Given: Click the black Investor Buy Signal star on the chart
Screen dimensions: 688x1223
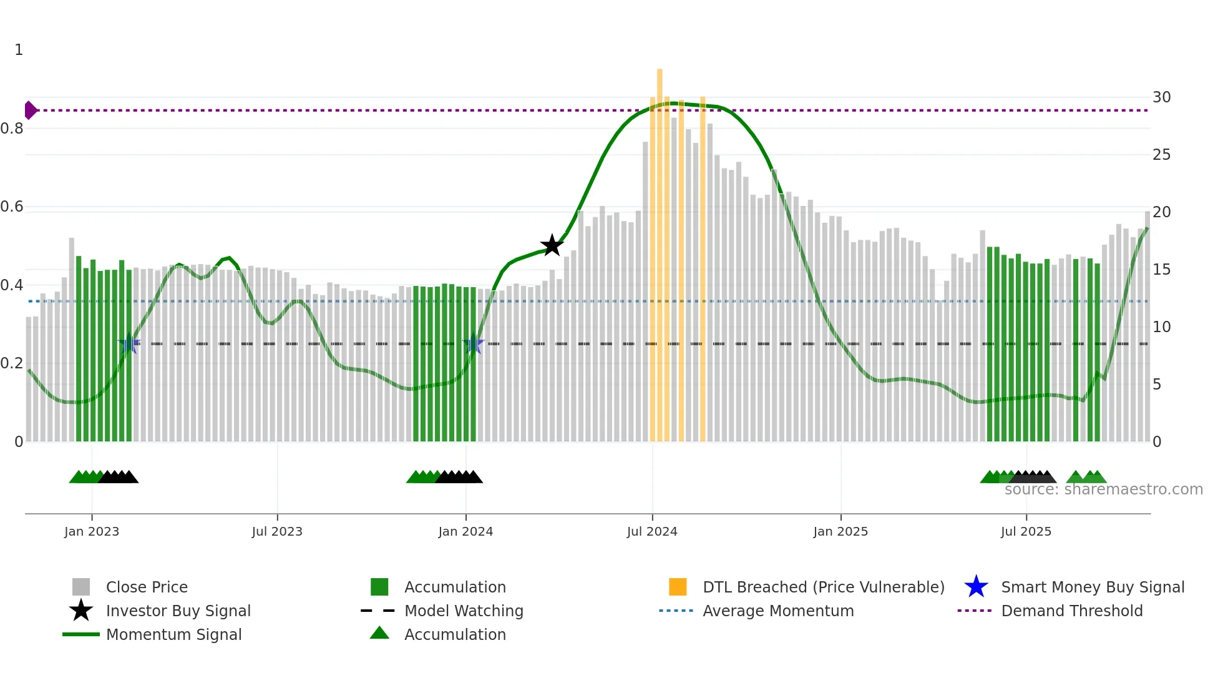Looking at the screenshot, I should (x=552, y=245).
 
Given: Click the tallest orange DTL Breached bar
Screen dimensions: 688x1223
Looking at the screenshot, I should (x=660, y=250).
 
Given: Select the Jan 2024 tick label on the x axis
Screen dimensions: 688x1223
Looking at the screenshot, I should (x=465, y=531).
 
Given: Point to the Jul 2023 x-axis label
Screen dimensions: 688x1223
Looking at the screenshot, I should (x=277, y=531).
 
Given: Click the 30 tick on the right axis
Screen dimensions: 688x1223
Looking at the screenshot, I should (x=1161, y=97).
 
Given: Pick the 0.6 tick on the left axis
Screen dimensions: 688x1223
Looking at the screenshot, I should (x=12, y=207).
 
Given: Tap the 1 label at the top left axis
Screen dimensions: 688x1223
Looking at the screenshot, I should (x=19, y=50).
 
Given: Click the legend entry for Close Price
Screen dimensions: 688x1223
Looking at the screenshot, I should (x=147, y=587).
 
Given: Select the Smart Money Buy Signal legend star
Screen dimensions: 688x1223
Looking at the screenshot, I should (x=976, y=587).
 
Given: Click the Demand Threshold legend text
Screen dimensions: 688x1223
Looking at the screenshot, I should (x=1071, y=611).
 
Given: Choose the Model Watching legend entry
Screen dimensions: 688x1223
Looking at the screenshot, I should (x=463, y=611).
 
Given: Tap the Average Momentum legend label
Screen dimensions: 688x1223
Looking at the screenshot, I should (x=777, y=611).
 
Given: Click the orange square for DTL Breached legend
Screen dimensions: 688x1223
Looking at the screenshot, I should (x=678, y=587).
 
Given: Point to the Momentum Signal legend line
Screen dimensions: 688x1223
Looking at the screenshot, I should (x=81, y=634).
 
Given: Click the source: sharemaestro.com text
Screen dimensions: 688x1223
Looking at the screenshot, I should (x=1103, y=489).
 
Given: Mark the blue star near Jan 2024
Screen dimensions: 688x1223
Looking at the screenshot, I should (x=474, y=343).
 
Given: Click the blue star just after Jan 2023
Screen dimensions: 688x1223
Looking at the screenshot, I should (x=129, y=343).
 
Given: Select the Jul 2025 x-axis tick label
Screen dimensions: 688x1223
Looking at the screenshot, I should (x=1026, y=531).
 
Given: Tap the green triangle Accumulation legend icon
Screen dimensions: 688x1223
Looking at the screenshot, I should (x=379, y=633).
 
